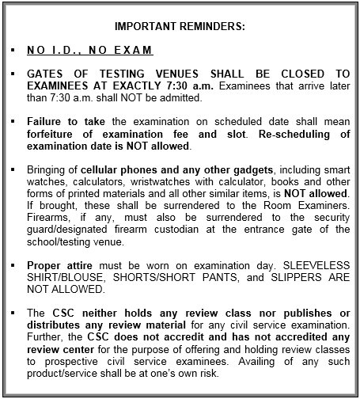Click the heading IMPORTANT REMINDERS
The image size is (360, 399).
click(x=180, y=26)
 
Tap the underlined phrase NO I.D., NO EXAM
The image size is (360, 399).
click(x=89, y=51)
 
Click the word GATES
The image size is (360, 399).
click(x=45, y=74)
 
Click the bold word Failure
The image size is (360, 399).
click(x=46, y=121)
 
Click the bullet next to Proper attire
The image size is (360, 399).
click(x=13, y=266)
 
